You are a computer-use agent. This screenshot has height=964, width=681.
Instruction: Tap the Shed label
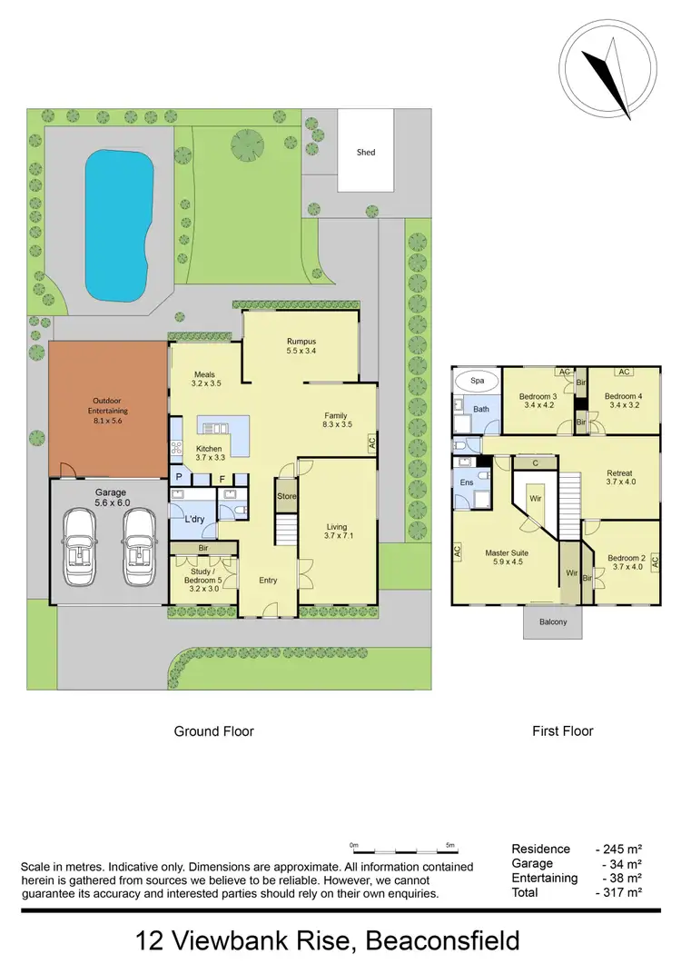click(x=365, y=153)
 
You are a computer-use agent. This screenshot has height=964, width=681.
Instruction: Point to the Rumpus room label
click(x=301, y=343)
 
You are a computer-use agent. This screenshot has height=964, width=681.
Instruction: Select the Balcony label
click(x=553, y=621)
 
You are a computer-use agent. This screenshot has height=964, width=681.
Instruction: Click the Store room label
click(x=287, y=496)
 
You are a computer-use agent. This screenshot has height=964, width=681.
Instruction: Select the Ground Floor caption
click(x=213, y=730)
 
